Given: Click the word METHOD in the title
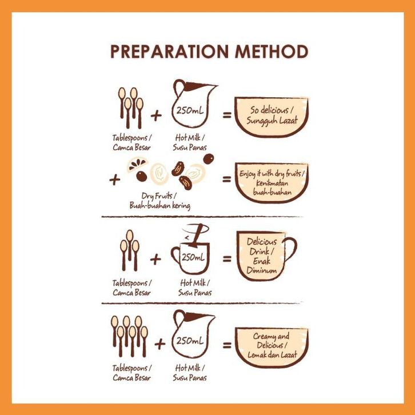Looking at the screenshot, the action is (272, 51).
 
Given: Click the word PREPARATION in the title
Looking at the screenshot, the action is (169, 51).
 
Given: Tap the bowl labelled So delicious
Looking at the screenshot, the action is (272, 117).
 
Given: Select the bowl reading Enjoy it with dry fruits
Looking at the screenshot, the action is (272, 182).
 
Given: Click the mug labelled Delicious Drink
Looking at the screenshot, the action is (262, 256).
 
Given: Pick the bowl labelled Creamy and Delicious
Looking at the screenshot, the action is (272, 347).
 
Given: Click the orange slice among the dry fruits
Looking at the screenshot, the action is (137, 164).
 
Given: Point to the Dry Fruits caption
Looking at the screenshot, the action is (159, 201).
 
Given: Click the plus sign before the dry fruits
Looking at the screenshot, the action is (114, 180).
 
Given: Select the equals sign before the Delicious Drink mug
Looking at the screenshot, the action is (227, 258).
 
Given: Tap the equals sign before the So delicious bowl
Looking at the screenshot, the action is (227, 115).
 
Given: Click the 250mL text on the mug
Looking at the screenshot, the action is (193, 257).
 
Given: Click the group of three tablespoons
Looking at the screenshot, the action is (129, 250).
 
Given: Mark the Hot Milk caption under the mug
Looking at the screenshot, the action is (195, 288).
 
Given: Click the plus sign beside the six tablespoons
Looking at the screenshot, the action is (160, 344).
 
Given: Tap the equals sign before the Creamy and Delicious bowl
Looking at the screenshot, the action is (227, 345).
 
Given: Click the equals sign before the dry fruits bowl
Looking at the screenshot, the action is (226, 179).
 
